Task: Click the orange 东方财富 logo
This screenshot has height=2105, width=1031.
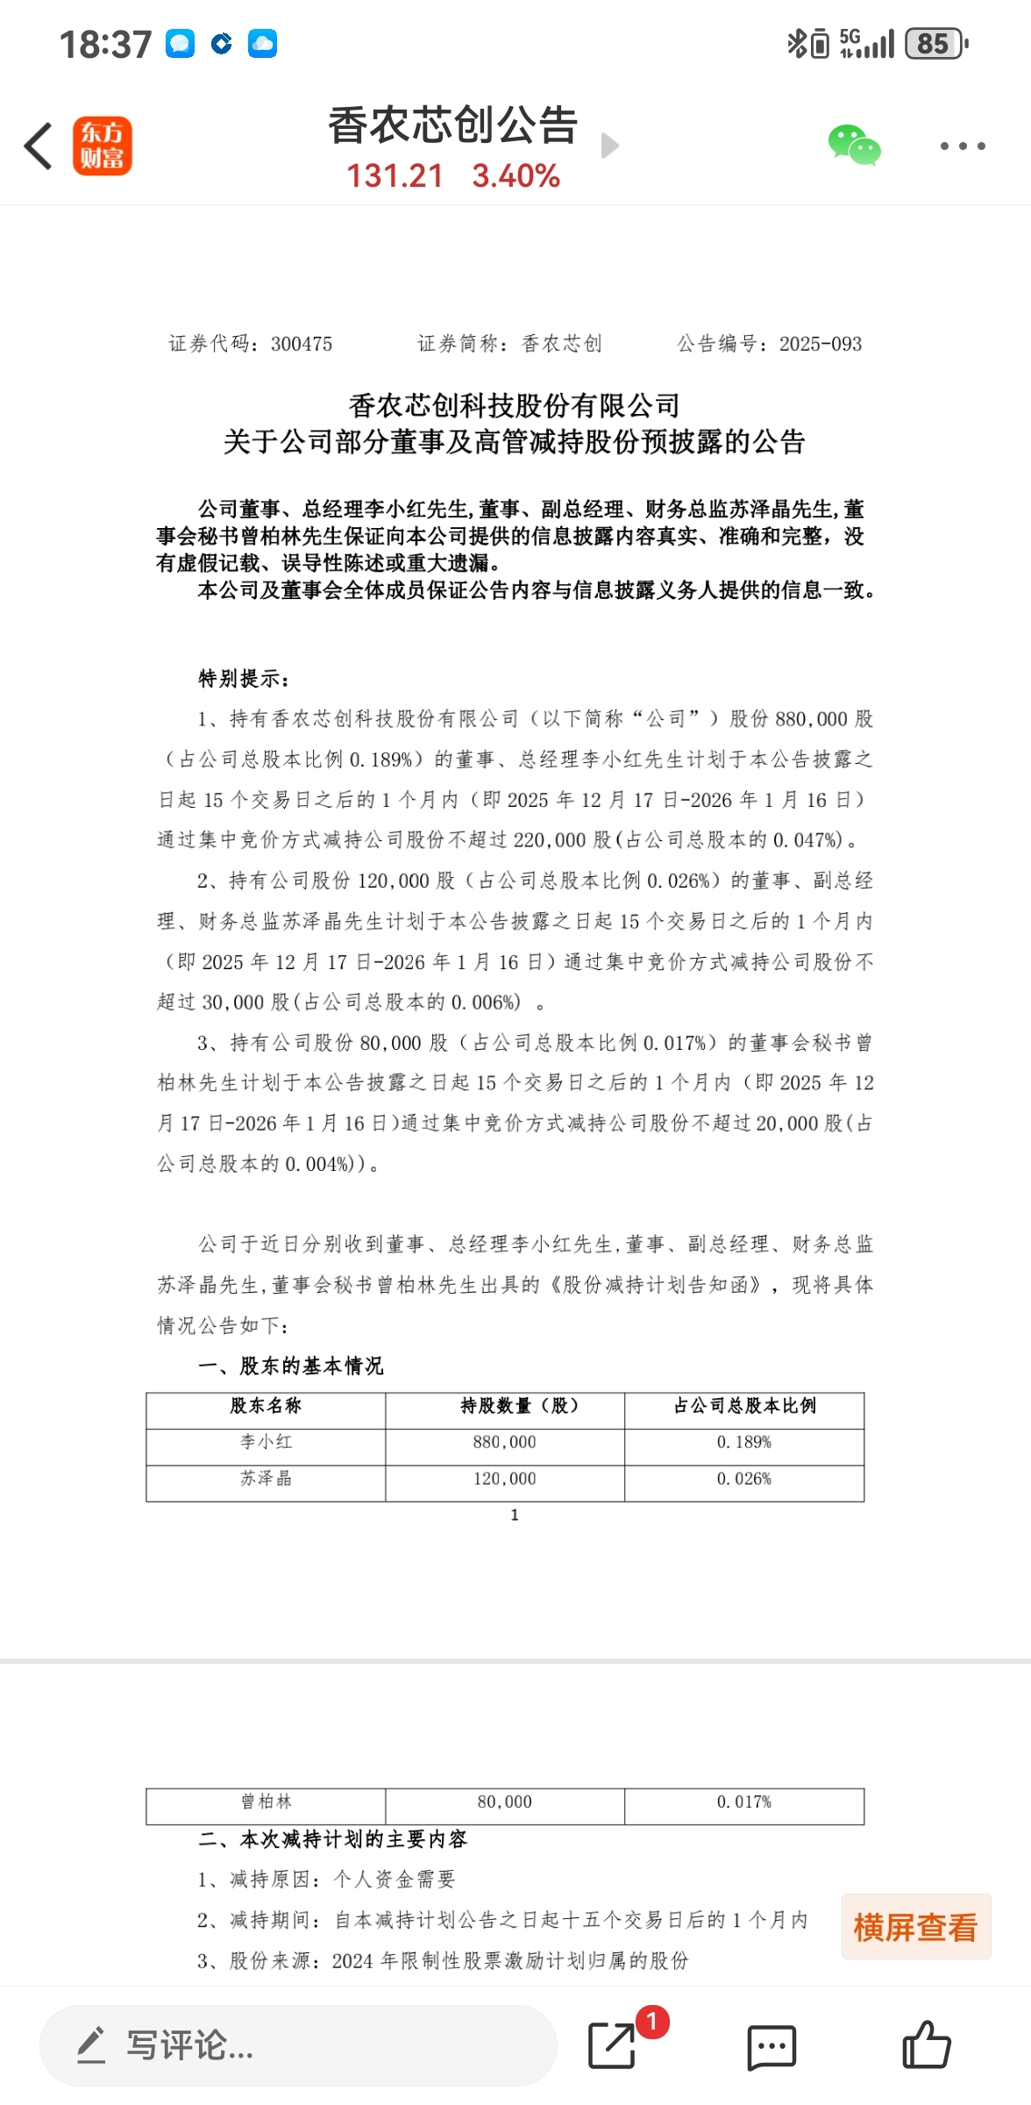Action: (x=102, y=146)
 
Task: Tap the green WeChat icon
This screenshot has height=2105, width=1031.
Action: (x=854, y=146)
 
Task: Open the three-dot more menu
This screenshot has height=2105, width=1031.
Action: (x=962, y=146)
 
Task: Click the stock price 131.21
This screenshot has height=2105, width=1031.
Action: (x=395, y=176)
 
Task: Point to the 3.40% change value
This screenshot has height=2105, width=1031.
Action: (x=515, y=176)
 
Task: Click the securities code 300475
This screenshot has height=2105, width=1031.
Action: (x=301, y=344)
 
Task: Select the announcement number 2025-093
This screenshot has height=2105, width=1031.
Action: (x=820, y=344)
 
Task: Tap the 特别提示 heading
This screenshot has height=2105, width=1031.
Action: (x=243, y=678)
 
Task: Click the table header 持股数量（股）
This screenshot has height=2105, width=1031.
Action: (x=505, y=1406)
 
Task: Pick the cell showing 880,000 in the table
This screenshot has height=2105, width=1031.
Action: (x=505, y=1442)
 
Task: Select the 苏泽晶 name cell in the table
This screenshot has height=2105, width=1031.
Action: (x=266, y=1479)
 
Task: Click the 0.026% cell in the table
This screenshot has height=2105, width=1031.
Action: (x=743, y=1479)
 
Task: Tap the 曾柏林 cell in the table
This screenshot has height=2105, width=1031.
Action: (x=266, y=1802)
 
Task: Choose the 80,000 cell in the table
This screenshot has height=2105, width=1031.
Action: (x=505, y=1802)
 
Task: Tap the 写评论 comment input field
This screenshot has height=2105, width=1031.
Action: (x=298, y=2045)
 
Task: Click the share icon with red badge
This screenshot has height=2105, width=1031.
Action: (x=613, y=2045)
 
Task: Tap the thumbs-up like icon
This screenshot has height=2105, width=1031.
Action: (x=926, y=2045)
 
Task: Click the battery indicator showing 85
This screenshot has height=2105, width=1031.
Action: (x=935, y=44)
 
